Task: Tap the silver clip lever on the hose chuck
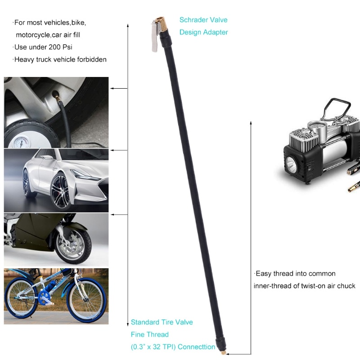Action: click(155, 37)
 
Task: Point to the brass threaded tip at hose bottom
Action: click(224, 351)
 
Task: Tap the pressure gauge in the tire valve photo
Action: click(21, 142)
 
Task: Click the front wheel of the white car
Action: click(61, 191)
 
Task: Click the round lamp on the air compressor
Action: click(291, 163)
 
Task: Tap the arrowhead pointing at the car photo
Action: click(112, 150)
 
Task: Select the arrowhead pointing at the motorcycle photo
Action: click(112, 215)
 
